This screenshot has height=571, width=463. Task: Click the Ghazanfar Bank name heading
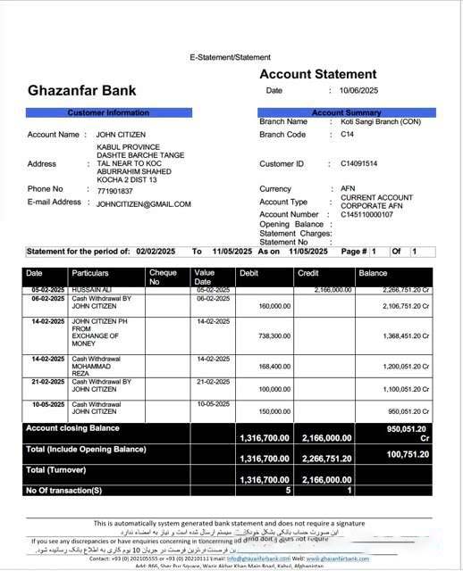[82, 90]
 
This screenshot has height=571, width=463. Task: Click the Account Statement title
[318, 74]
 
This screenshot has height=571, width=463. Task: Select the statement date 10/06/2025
[360, 91]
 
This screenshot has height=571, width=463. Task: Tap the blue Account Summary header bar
[346, 113]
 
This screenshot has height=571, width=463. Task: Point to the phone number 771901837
[114, 190]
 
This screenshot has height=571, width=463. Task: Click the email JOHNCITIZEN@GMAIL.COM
[144, 204]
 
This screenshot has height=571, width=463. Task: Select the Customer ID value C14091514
[359, 164]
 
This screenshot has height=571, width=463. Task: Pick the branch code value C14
[348, 135]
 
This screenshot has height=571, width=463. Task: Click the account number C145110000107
[366, 215]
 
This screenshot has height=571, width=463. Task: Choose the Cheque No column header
[163, 277]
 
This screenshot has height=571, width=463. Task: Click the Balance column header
[374, 273]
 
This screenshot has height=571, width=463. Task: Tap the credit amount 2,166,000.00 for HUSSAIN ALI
[330, 290]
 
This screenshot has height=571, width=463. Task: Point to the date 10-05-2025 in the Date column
[46, 404]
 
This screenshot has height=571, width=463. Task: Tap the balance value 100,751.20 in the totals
[408, 454]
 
